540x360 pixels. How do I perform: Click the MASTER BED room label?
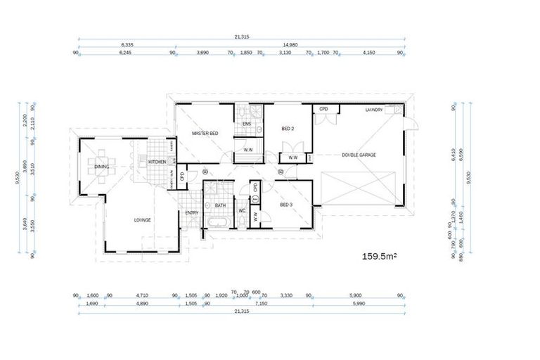pos(205,134)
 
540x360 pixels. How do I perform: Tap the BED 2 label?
pos(287,129)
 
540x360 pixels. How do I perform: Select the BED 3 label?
pos(285,205)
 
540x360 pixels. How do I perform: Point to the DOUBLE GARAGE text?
pos(359,155)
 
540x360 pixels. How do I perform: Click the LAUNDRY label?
pos(373,110)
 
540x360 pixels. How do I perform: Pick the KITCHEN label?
pos(157,162)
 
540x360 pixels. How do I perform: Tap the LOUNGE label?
pos(143,220)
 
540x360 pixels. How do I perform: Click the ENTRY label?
pos(191,213)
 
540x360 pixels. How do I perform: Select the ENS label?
pos(247,125)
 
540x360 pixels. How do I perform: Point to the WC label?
pos(241,211)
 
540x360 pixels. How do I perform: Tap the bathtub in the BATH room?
pos(214,224)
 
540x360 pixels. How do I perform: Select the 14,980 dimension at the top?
pos(290,44)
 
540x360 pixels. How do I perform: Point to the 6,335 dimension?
pos(127,44)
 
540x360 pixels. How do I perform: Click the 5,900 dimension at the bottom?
pos(356,296)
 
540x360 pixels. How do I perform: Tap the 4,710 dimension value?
pos(143,296)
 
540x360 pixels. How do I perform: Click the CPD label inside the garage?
pos(323,110)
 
